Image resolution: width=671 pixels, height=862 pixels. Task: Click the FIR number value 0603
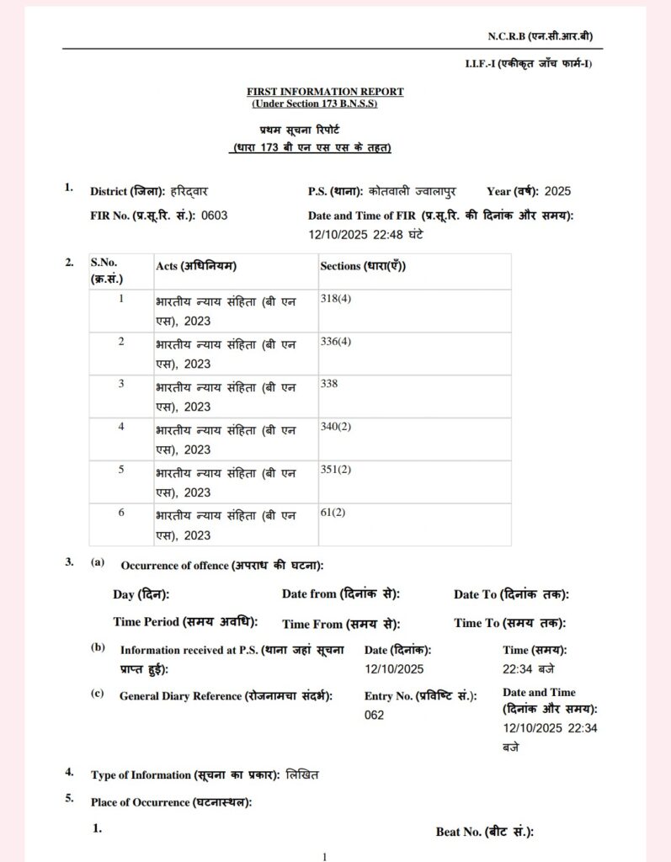(214, 215)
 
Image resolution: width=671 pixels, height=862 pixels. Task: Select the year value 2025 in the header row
(557, 191)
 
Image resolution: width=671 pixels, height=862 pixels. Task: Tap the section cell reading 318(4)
(336, 299)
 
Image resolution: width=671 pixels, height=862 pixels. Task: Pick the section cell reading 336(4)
(336, 341)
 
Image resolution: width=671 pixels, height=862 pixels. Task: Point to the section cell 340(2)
(336, 426)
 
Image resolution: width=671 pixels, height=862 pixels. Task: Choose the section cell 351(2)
(336, 469)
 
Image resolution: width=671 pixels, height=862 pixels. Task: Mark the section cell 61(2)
(333, 512)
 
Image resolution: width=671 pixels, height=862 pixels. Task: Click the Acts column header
(196, 266)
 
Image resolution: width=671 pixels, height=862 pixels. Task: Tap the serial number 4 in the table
(121, 427)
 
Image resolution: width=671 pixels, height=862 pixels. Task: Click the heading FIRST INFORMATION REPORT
(325, 91)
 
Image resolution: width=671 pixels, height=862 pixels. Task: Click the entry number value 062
(375, 715)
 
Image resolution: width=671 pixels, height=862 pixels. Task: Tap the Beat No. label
(485, 832)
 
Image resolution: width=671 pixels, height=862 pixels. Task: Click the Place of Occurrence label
(171, 802)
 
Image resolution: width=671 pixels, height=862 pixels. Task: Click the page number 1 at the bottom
(324, 856)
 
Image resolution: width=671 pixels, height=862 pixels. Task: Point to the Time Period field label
(184, 622)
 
